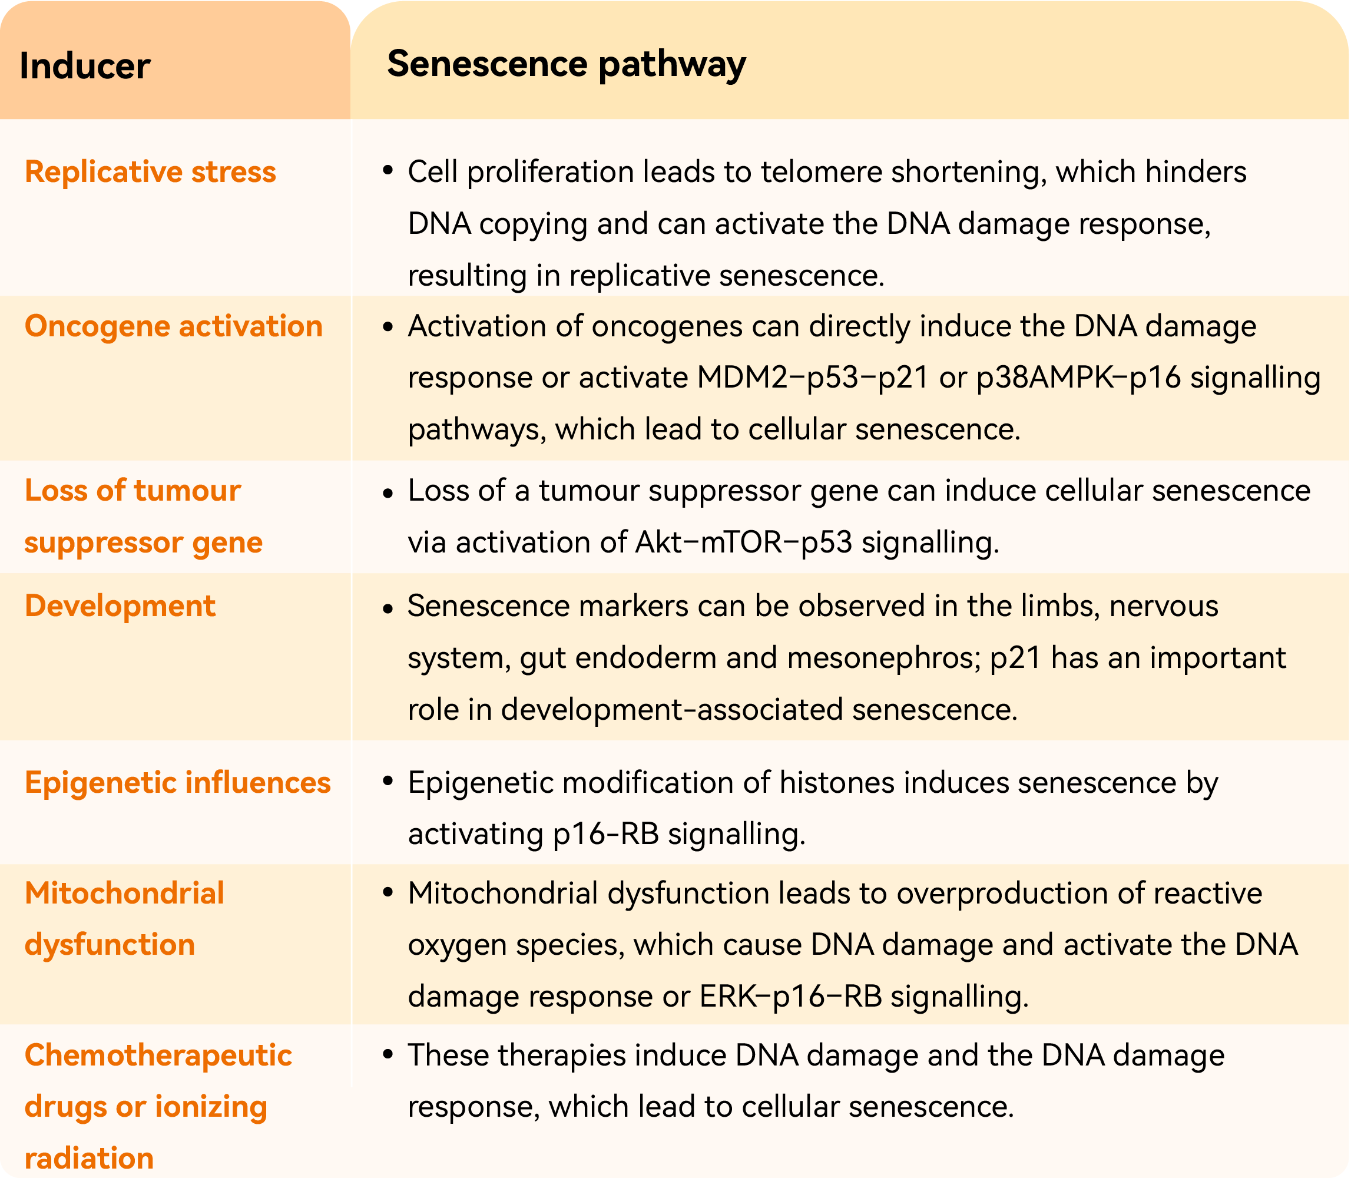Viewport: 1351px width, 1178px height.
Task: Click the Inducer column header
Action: click(x=85, y=66)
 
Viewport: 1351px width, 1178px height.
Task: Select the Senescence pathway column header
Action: click(x=566, y=64)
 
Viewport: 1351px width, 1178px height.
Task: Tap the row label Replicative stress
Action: click(x=150, y=171)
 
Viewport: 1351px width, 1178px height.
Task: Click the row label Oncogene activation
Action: click(x=174, y=326)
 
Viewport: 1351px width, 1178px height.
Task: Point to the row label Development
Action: click(x=120, y=605)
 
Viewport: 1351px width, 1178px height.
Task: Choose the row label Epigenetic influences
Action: click(x=177, y=782)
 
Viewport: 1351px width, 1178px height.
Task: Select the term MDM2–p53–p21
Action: click(x=813, y=378)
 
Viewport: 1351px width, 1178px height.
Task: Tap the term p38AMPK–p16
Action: click(x=1078, y=378)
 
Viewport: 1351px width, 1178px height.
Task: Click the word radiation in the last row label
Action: click(x=89, y=1157)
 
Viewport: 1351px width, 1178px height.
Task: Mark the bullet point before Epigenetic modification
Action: click(x=388, y=781)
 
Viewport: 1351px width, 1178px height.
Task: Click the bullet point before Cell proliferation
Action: click(x=388, y=171)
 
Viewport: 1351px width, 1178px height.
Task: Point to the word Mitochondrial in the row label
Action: click(x=124, y=894)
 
